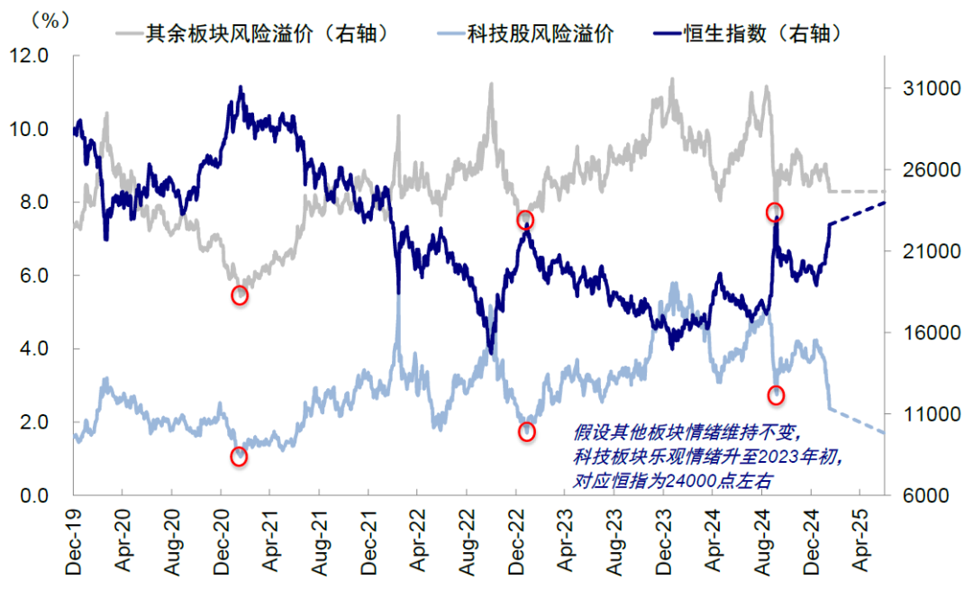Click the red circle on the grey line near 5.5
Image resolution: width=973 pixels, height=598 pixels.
coord(240,295)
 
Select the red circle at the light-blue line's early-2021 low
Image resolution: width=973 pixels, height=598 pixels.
coord(239,457)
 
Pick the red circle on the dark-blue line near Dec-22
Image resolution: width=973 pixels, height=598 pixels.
coord(525,221)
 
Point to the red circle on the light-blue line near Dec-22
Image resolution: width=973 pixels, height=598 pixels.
coord(527,432)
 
